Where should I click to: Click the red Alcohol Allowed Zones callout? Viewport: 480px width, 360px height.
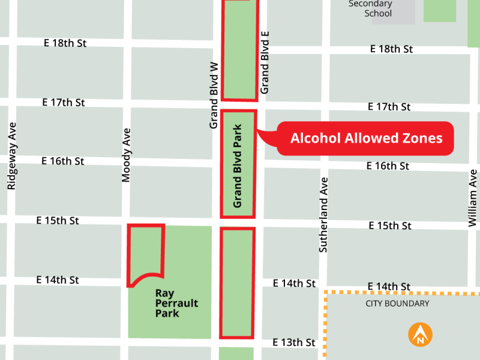366,139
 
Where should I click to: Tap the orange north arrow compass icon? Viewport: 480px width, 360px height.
421,335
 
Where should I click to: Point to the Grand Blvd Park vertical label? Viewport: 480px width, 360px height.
238,166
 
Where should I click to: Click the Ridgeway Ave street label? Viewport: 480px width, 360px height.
11,156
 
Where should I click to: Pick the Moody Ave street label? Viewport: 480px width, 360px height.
126,155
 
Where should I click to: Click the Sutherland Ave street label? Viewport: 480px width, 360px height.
323,214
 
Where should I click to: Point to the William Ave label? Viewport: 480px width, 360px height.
473,198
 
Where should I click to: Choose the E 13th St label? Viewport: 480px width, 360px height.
293,343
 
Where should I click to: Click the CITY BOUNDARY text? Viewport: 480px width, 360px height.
397,304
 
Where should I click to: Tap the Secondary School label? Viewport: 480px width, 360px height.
370,8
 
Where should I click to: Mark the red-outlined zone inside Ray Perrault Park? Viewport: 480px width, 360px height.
145,252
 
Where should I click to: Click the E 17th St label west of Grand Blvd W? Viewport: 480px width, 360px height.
64,103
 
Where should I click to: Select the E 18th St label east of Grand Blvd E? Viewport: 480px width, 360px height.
391,49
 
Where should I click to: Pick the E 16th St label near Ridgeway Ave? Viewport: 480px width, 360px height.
62,161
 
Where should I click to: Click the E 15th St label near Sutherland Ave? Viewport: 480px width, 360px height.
389,226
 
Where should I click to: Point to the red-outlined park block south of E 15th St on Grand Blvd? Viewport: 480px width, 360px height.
237,282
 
